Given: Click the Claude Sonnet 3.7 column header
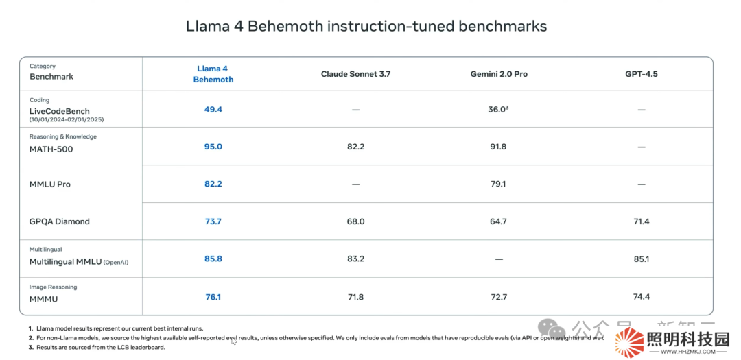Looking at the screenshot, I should pyautogui.click(x=355, y=73).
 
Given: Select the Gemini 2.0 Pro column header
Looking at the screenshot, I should pyautogui.click(x=499, y=73).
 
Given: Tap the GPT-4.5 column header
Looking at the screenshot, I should pyautogui.click(x=641, y=73).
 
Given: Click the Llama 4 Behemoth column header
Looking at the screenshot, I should pyautogui.click(x=213, y=74).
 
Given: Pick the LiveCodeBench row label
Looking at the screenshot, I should pyautogui.click(x=59, y=111).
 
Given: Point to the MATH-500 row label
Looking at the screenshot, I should pyautogui.click(x=51, y=149).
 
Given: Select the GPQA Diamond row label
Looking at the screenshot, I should pyautogui.click(x=59, y=221).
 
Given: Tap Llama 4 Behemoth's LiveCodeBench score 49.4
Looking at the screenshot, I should pyautogui.click(x=213, y=109).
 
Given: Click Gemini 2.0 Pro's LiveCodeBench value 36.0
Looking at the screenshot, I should pyautogui.click(x=497, y=109).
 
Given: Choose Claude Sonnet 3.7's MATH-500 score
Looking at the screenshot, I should pyautogui.click(x=355, y=147).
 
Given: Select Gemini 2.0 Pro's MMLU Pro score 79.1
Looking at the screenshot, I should pyautogui.click(x=499, y=184).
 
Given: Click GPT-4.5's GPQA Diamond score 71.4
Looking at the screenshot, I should pyautogui.click(x=641, y=221).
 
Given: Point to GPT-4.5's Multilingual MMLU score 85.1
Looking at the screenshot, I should pyautogui.click(x=641, y=259).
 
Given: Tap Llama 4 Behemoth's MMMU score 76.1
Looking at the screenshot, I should pyautogui.click(x=213, y=297).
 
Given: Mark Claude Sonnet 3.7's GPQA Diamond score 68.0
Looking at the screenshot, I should pyautogui.click(x=355, y=221).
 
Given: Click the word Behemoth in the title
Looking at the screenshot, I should pyautogui.click(x=285, y=26).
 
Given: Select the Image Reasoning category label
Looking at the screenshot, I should pyautogui.click(x=53, y=287).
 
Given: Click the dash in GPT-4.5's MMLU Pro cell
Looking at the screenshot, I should pyautogui.click(x=641, y=184).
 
